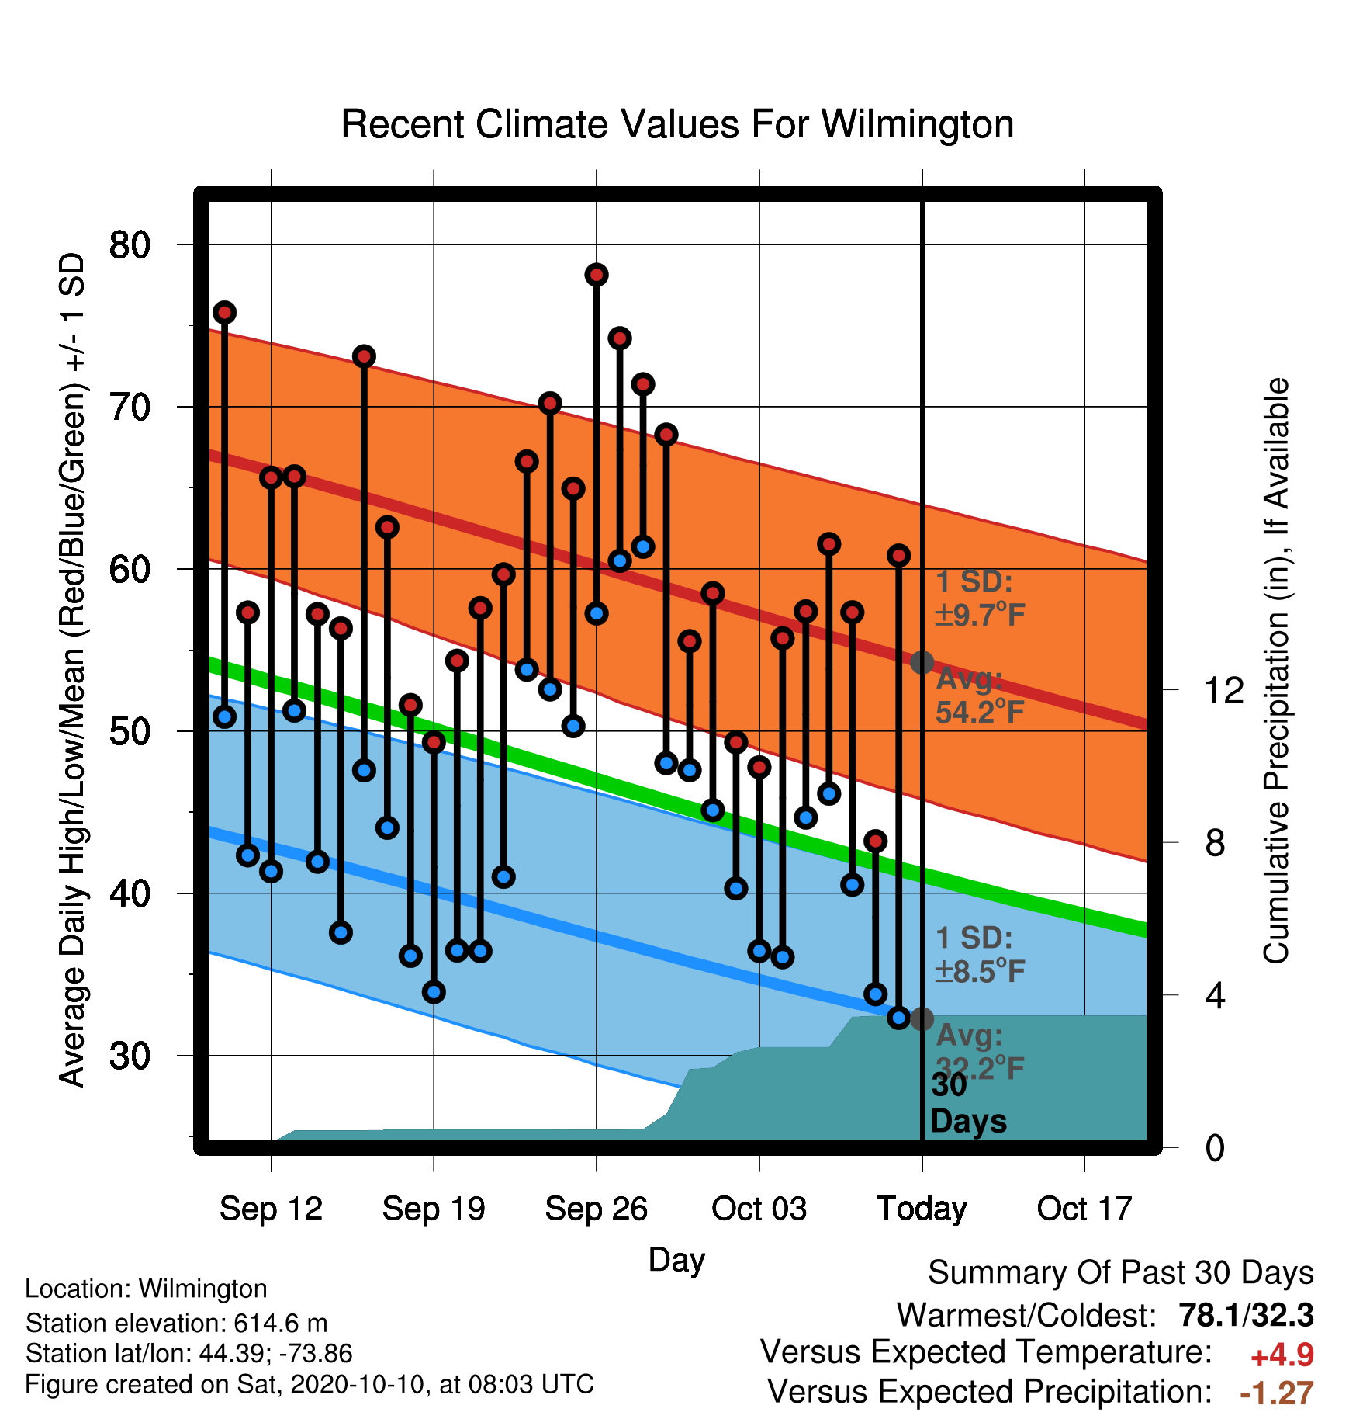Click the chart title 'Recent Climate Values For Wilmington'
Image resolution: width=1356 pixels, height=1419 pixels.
(x=677, y=124)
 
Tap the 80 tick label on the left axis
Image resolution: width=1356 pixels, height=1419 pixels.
(x=130, y=245)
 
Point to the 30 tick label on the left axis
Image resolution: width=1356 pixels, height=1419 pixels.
(x=130, y=1056)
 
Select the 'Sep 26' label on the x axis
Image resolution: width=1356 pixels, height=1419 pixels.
(x=596, y=1209)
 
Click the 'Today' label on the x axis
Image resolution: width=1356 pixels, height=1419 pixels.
(x=922, y=1209)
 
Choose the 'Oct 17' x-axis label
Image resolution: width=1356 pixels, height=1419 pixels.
(x=1084, y=1209)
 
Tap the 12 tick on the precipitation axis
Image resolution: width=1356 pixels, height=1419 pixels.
(x=1224, y=690)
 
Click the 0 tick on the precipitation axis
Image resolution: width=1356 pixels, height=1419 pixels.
(x=1215, y=1147)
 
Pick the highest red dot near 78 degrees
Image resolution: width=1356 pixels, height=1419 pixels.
(x=597, y=275)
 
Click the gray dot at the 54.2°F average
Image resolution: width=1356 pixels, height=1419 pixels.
(x=922, y=662)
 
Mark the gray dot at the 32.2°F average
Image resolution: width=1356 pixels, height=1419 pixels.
(x=922, y=1019)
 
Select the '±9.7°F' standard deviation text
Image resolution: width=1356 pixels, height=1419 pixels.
(x=981, y=615)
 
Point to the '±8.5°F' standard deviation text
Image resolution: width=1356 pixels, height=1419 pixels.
(x=981, y=971)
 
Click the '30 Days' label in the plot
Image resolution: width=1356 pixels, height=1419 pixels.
(x=968, y=1103)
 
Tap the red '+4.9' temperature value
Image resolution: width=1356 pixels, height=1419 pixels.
(x=1282, y=1355)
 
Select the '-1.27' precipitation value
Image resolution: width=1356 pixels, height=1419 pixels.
(x=1277, y=1393)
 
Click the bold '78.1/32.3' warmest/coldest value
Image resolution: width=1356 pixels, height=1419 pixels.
(x=1246, y=1315)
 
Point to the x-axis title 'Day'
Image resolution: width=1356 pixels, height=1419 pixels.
(x=676, y=1260)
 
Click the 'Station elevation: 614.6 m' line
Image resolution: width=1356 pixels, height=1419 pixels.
(x=177, y=1323)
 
